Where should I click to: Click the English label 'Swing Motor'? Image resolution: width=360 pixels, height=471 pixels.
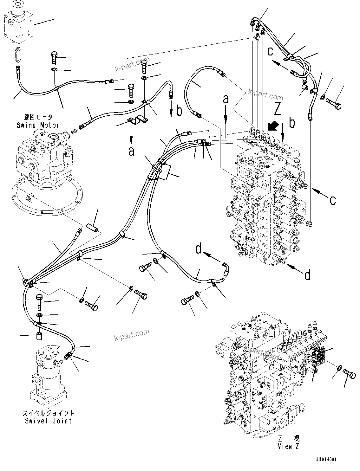(x=38, y=125)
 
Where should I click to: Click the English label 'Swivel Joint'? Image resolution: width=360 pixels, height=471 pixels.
(x=48, y=421)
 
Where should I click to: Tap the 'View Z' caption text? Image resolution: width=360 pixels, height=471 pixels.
(x=288, y=446)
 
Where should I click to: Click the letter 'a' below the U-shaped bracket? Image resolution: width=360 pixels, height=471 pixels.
(x=131, y=151)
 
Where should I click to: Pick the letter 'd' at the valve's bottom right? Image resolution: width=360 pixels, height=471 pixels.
(x=307, y=275)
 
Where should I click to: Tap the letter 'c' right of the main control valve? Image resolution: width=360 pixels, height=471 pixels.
(x=332, y=200)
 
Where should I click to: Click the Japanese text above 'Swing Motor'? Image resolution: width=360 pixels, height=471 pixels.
(x=38, y=117)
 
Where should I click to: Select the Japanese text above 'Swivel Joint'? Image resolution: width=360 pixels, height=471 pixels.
(x=48, y=413)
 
